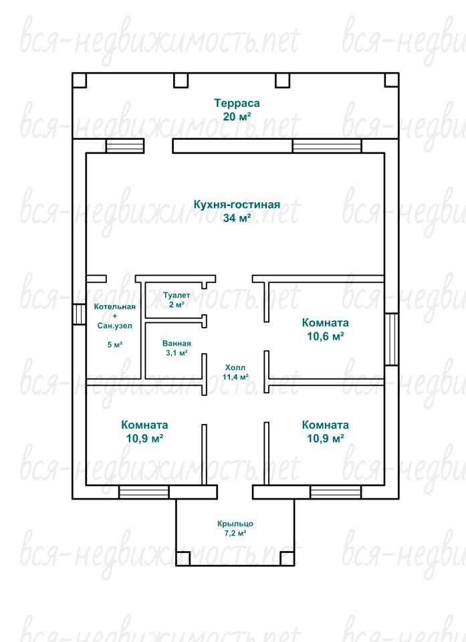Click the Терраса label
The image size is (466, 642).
click(237, 103)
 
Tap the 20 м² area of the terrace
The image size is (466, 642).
click(237, 116)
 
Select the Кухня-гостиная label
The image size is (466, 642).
click(237, 205)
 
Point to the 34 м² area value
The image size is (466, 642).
click(237, 218)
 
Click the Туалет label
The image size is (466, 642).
click(177, 295)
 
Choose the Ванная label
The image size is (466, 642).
click(177, 343)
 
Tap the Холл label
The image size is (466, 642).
click(235, 367)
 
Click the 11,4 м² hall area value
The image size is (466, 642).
click(235, 377)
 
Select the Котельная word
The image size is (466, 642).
click(114, 307)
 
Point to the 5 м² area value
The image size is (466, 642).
click(115, 345)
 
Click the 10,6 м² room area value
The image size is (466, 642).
click(325, 336)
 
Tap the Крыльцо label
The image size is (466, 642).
click(235, 524)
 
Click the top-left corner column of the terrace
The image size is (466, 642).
click(80, 80)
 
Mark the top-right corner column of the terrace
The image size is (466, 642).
click(392, 80)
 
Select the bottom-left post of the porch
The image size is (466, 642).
click(183, 559)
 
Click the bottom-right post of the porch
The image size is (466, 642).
click(287, 559)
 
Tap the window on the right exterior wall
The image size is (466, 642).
click(392, 340)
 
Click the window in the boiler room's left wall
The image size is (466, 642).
click(80, 314)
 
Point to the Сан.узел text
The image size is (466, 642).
click(114, 326)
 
